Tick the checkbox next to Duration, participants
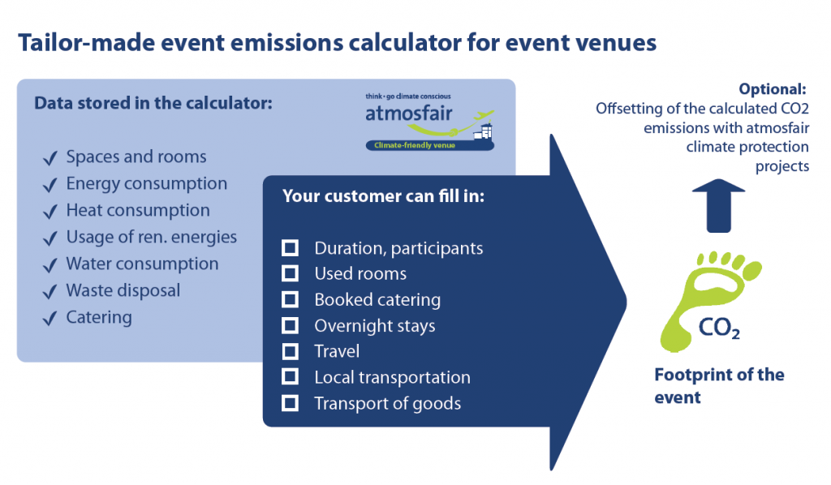290,248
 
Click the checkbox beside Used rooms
290,273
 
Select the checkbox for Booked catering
290,299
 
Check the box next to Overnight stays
290,325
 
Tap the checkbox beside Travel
290,351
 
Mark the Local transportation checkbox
290,376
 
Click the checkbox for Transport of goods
290,403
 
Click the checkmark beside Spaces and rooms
50,158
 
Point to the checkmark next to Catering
50,319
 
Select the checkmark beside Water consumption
50,265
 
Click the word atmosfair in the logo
409,114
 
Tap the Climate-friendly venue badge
429,145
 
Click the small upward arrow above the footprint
719,206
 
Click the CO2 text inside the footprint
719,328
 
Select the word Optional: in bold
773,89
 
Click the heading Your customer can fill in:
383,196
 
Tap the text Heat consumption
138,210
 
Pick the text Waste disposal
123,290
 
